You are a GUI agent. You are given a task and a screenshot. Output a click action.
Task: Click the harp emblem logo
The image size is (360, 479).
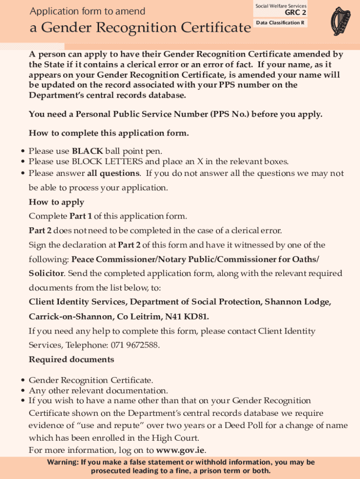[x=340, y=21]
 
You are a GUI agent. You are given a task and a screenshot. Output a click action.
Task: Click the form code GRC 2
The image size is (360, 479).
[x=295, y=13]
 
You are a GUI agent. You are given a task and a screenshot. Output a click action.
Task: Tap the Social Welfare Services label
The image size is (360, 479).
[x=281, y=6]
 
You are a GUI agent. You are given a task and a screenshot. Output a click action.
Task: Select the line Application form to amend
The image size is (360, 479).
[x=87, y=11]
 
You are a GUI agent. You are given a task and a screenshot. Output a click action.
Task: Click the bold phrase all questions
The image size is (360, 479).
[x=113, y=174]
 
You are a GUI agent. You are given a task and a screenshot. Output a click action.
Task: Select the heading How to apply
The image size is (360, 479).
[x=57, y=202]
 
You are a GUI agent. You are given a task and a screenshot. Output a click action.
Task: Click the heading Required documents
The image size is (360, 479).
[x=72, y=359]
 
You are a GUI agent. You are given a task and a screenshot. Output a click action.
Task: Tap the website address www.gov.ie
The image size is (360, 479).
[x=180, y=450]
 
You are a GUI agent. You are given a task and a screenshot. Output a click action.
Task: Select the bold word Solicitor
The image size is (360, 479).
[x=46, y=273]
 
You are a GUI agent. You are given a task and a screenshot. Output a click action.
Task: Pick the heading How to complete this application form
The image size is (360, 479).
[x=109, y=133]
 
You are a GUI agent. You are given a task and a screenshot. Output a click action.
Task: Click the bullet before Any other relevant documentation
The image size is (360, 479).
[x=22, y=391]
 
